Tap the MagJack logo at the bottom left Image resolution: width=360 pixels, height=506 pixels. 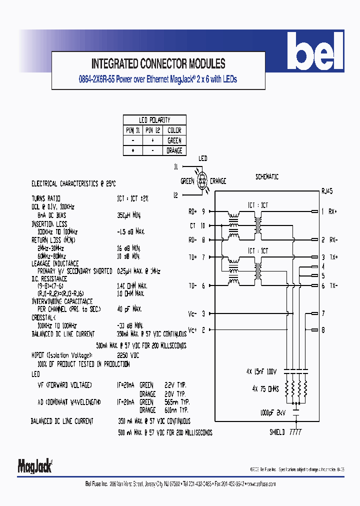(x=35, y=465)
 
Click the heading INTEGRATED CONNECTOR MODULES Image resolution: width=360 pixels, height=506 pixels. (x=158, y=64)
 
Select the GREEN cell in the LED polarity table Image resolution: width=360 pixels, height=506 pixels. (x=174, y=140)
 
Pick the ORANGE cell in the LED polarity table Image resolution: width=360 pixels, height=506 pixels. (x=174, y=150)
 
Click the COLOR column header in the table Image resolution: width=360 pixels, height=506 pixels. (x=174, y=130)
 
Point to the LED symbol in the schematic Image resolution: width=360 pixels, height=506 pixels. (x=203, y=181)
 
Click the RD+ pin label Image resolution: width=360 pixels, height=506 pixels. (x=192, y=211)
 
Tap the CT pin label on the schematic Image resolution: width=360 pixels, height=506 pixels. (x=193, y=226)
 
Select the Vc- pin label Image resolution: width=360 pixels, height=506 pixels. (x=192, y=314)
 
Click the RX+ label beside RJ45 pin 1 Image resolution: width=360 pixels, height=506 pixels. (x=333, y=211)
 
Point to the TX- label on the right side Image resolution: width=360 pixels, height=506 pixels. (x=333, y=285)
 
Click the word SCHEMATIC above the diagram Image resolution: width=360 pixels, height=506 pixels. (x=267, y=177)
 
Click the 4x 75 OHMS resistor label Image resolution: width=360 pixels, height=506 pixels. (x=265, y=388)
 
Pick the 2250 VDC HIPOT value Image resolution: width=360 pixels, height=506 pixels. (x=128, y=354)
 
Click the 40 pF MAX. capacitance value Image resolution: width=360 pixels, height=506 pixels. (x=129, y=309)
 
